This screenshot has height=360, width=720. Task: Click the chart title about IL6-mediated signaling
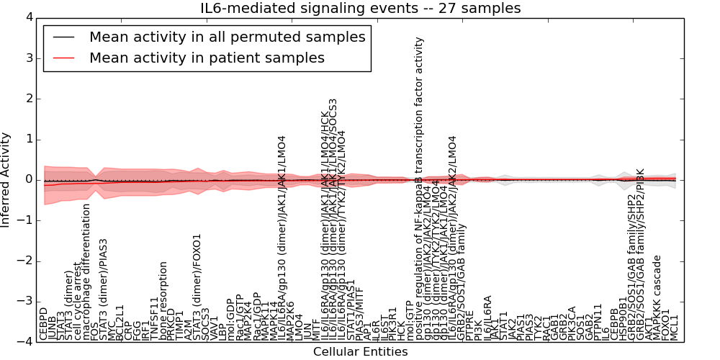point(360,8)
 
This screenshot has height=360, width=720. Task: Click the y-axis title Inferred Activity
point(6,179)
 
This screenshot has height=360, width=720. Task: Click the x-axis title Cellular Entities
point(360,352)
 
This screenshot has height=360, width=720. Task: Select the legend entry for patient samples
point(207,58)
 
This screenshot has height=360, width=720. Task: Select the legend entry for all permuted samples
point(227,37)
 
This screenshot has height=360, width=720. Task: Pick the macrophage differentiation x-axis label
point(87,272)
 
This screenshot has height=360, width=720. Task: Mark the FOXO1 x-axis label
point(666,325)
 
